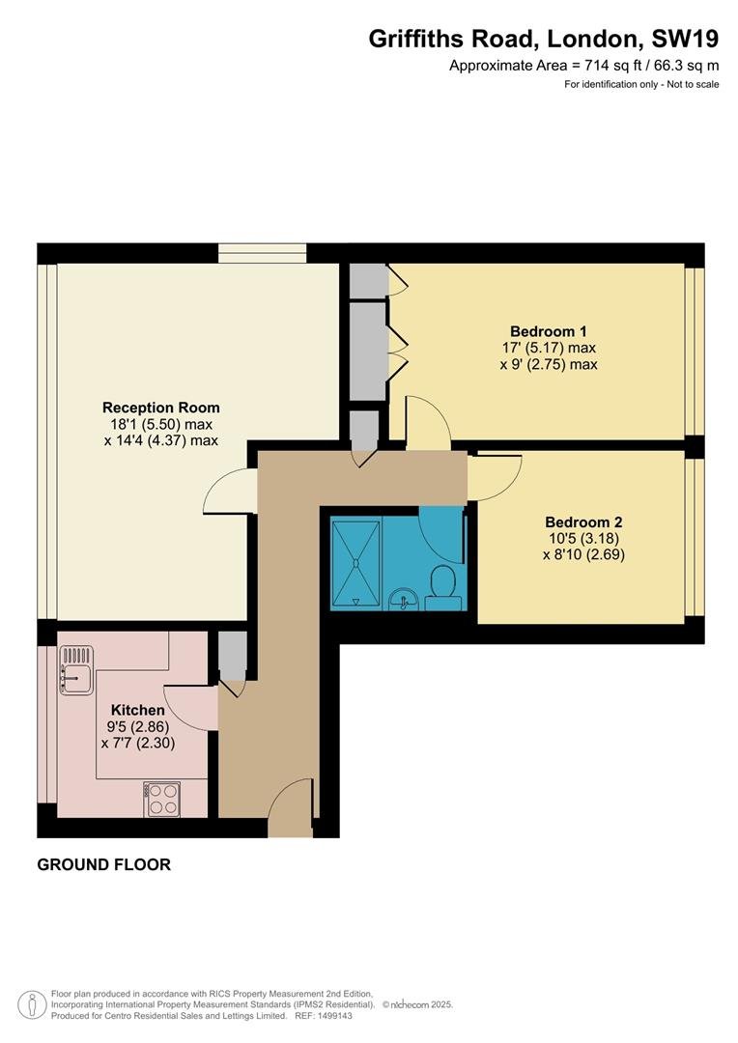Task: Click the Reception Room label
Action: [161, 408]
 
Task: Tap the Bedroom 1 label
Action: [549, 330]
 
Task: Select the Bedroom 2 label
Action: [583, 522]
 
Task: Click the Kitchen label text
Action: [138, 710]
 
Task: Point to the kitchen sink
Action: [76, 670]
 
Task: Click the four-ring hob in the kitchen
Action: [161, 799]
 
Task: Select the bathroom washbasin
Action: [403, 599]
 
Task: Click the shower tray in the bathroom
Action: [356, 564]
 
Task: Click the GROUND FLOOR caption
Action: [103, 864]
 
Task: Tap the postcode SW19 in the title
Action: [685, 40]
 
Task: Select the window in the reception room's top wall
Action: [262, 253]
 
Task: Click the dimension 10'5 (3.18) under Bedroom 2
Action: [584, 538]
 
